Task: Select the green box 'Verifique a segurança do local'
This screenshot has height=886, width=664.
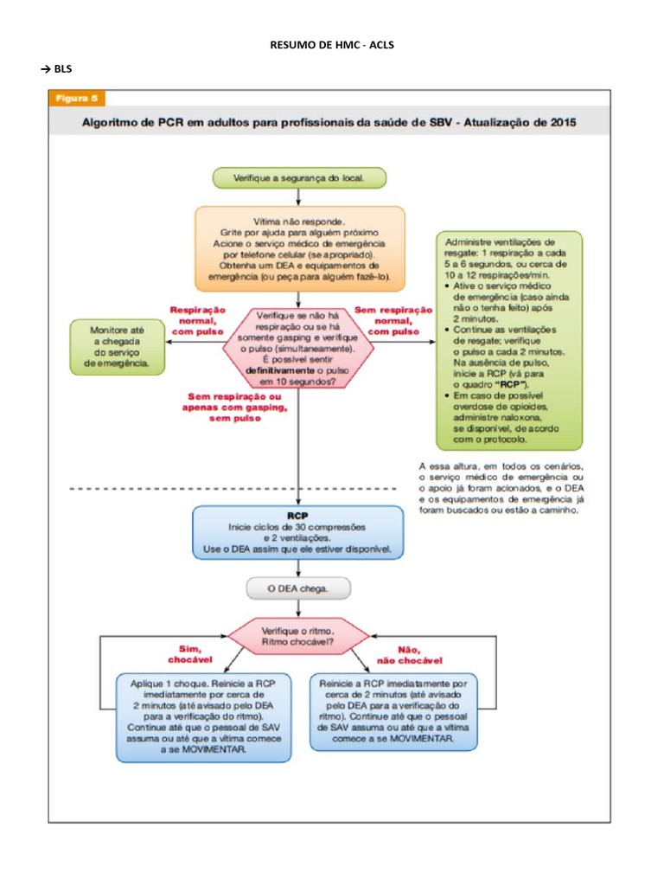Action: coord(298,177)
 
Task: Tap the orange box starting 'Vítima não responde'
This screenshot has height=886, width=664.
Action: coord(299,247)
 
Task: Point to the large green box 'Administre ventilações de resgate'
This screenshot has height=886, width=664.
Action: coord(510,339)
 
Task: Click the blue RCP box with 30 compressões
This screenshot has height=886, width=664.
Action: coord(298,531)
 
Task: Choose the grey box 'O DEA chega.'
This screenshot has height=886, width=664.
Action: coord(298,589)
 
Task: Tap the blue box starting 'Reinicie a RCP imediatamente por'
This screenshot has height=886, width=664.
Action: coord(393,711)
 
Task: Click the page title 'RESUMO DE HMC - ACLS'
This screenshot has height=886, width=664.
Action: coord(332,44)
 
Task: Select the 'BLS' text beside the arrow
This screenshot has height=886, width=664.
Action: coord(63,68)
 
